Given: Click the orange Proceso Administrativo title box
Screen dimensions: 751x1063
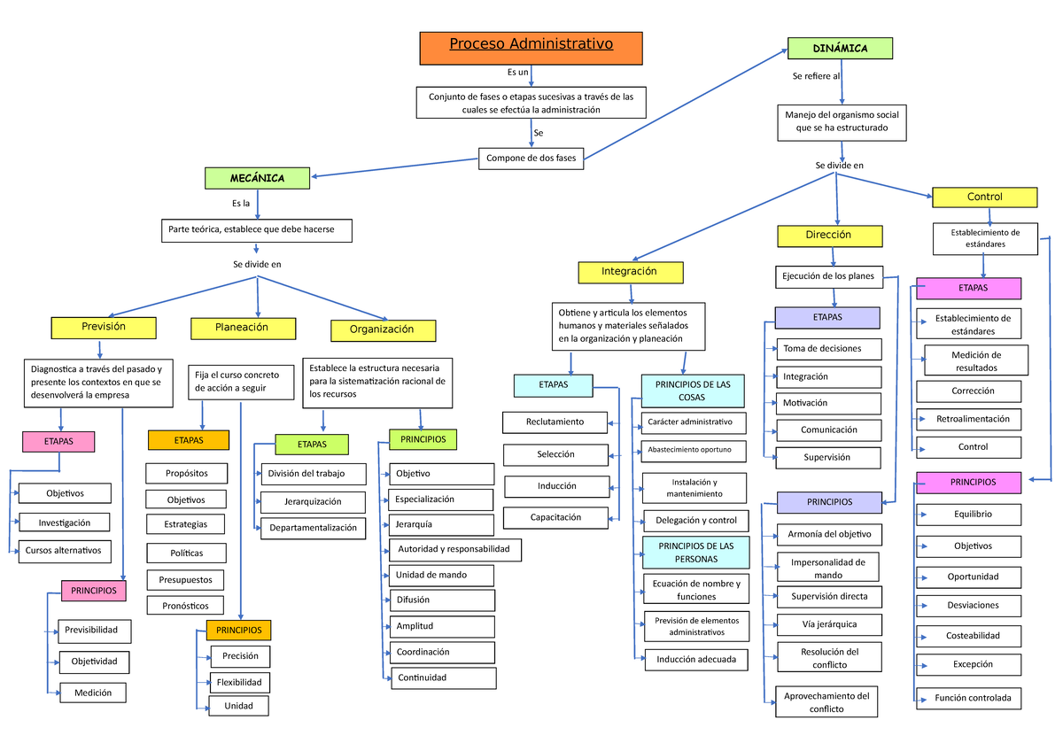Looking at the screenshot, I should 531,48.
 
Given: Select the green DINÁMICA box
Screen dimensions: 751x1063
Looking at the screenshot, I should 840,48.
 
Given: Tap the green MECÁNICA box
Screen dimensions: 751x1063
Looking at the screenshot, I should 257,178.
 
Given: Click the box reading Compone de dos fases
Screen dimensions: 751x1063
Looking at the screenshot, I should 531,159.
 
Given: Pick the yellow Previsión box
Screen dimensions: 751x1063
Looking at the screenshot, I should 104,327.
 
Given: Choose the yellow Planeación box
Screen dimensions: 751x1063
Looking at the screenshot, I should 242,328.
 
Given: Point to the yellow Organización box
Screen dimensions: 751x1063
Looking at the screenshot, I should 383,329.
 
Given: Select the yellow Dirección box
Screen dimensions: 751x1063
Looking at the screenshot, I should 829,236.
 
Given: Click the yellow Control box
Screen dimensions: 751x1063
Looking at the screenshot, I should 984,197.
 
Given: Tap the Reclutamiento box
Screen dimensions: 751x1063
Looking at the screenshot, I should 555,422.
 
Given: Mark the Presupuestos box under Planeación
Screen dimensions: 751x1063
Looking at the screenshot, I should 185,580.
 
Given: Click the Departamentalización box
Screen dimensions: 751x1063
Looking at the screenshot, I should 313,528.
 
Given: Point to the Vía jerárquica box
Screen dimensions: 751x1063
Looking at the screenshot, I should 828,624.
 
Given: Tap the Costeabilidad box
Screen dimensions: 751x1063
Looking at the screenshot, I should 972,635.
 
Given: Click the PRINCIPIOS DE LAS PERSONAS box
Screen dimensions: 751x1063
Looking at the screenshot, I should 696,553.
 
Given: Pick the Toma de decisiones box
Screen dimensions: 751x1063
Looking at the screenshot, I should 829,349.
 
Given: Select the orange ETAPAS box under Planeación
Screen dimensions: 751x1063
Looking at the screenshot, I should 188,440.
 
